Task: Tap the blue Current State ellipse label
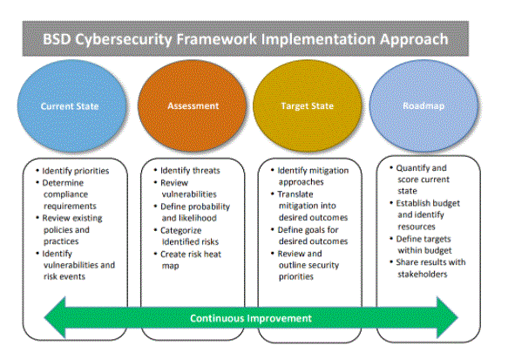pos(70,106)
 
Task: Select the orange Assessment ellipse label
pos(193,106)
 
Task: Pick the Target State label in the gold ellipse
pos(307,106)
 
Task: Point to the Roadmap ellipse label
pos(423,106)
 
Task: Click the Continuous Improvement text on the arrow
pos(251,318)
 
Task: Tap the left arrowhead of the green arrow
pos(55,317)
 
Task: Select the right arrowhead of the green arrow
pos(447,317)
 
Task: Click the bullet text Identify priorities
pos(76,171)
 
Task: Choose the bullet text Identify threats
pos(190,171)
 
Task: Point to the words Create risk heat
pos(191,255)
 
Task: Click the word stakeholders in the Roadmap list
pos(423,274)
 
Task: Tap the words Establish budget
pos(428,203)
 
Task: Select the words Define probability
pos(195,207)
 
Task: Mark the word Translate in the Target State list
pos(295,194)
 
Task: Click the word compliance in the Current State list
pos(65,194)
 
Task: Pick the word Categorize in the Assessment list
pos(180,231)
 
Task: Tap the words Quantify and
pos(421,168)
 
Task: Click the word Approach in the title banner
pos(414,40)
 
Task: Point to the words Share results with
pos(430,262)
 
